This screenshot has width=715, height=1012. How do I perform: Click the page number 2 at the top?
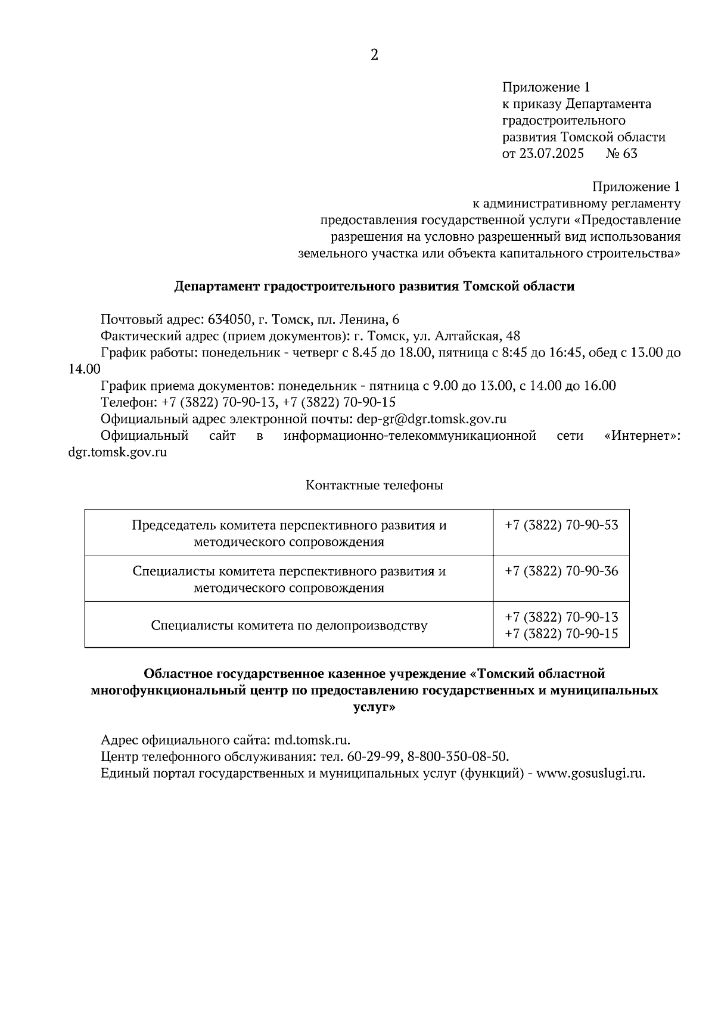tap(374, 55)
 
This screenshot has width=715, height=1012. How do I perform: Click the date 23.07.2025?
tap(551, 154)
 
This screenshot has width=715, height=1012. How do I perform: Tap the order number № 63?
tap(621, 154)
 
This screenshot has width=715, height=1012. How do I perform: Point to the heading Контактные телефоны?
tap(374, 485)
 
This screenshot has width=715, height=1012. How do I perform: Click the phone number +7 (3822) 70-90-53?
tap(561, 525)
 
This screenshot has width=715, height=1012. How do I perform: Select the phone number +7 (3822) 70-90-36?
tap(561, 571)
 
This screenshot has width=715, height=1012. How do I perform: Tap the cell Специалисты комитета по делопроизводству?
tap(289, 626)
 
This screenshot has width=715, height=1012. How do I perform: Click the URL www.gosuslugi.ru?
tap(591, 774)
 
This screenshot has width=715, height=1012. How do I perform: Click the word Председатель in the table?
tap(173, 525)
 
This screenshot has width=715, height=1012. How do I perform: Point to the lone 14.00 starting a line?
tap(85, 369)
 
